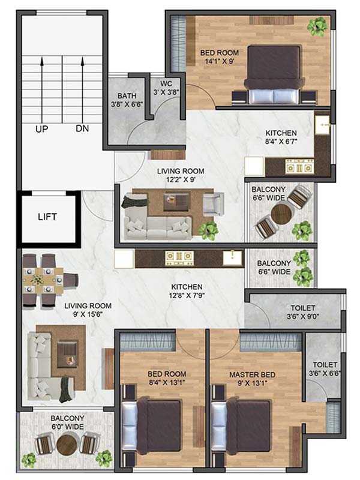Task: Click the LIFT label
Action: pos(48,217)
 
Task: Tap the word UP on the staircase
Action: pos(41,128)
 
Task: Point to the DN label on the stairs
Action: pos(82,128)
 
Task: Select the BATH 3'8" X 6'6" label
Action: pos(127,100)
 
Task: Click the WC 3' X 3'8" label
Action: pos(166,88)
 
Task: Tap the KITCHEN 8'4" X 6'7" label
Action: pos(289,137)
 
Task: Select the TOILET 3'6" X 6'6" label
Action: pos(325,368)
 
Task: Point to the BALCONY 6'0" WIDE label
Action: pos(67,422)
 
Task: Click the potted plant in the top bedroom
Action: pos(317,26)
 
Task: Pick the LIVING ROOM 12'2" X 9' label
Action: pos(181,175)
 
